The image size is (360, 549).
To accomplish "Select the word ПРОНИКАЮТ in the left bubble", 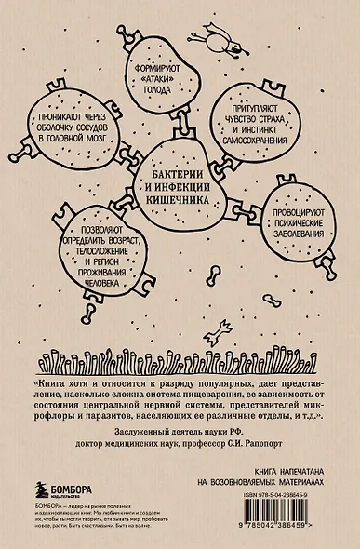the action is click(x=61, y=118).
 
